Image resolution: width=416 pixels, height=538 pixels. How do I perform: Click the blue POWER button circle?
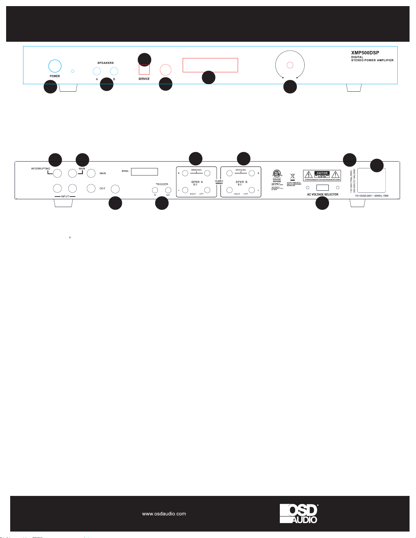pyautogui.click(x=55, y=66)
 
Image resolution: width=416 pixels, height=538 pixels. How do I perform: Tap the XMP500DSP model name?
pyautogui.click(x=365, y=53)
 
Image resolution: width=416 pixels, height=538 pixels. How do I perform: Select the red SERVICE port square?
pyautogui.click(x=144, y=70)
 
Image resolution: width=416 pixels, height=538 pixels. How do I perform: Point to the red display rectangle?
pyautogui.click(x=210, y=65)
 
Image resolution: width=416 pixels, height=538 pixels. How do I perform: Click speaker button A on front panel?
pyautogui.click(x=97, y=71)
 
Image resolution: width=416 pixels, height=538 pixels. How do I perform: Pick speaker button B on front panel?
pyautogui.click(x=114, y=71)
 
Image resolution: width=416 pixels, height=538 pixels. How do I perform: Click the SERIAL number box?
pyautogui.click(x=144, y=171)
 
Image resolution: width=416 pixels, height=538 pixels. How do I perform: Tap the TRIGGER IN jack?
pyautogui.click(x=155, y=190)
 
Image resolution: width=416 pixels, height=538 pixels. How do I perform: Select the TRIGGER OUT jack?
pyautogui.click(x=168, y=190)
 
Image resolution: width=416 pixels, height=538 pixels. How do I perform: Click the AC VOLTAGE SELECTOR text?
pyautogui.click(x=323, y=194)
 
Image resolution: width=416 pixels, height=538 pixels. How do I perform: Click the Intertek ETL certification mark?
pyautogui.click(x=277, y=174)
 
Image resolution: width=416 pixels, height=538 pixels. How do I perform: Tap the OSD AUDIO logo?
pyautogui.click(x=299, y=513)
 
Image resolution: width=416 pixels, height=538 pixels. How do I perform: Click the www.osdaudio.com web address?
pyautogui.click(x=164, y=514)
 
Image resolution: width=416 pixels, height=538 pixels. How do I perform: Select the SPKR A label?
pyautogui.click(x=197, y=182)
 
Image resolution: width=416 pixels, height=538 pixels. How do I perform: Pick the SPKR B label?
pyautogui.click(x=241, y=182)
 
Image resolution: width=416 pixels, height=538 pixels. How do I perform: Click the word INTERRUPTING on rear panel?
pyautogui.click(x=41, y=169)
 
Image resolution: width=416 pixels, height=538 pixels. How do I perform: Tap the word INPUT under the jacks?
pyautogui.click(x=65, y=197)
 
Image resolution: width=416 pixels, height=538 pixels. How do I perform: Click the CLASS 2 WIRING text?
pyautogui.click(x=219, y=182)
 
